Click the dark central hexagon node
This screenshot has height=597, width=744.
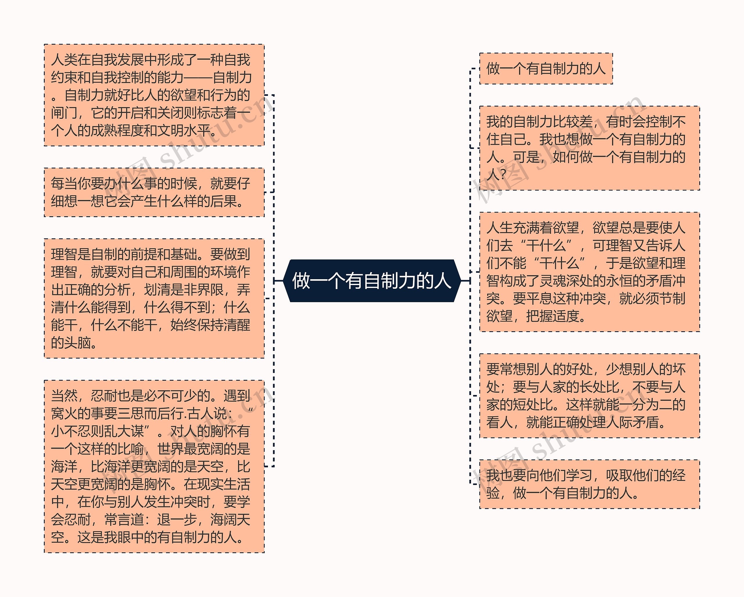[372, 281]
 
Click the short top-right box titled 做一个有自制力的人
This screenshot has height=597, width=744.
[546, 68]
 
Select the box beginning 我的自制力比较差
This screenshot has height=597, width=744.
[589, 148]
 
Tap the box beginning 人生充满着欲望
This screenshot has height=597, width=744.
[589, 272]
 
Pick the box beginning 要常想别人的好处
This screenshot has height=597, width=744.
[589, 396]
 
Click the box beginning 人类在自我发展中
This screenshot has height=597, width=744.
[154, 95]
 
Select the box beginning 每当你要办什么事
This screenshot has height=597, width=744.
[154, 192]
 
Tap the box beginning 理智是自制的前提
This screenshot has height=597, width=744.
[154, 298]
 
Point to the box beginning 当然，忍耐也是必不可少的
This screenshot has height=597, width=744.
[154, 466]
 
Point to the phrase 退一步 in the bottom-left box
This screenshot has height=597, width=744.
[177, 520]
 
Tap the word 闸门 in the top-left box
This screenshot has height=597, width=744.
[64, 113]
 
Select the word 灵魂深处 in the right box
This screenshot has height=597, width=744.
[566, 281]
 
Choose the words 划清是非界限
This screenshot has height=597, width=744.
[184, 290]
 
